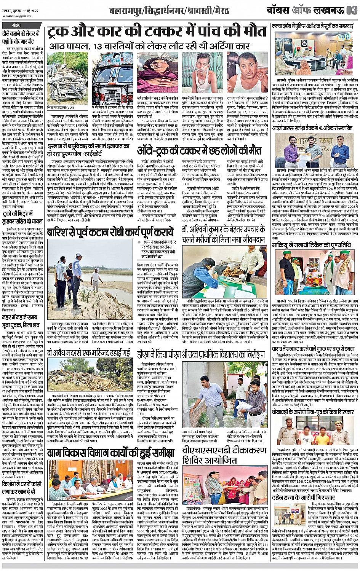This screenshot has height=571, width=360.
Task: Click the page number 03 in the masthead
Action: coord(351,10)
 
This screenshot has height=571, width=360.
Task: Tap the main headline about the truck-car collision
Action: coord(157,32)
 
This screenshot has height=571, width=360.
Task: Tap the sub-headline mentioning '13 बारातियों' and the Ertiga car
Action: coord(157,47)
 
